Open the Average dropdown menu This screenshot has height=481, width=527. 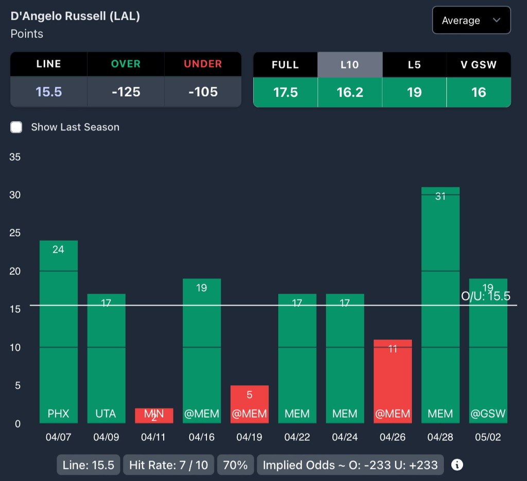pos(471,21)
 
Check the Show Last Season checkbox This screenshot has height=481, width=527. pos(16,127)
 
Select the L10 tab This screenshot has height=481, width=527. pos(350,64)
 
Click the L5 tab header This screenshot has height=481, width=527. pos(414,64)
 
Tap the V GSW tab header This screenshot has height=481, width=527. pos(479,64)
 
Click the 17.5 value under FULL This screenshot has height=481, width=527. pos(286,92)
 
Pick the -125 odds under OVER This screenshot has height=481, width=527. pos(126,92)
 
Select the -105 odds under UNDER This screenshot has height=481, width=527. pos(203,92)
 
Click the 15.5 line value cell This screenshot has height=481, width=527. pos(49,92)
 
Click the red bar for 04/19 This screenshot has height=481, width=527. pos(249,404)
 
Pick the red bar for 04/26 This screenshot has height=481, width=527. pos(393,381)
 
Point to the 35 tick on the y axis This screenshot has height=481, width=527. pos(15,157)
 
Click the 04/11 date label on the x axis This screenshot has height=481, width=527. pos(153,437)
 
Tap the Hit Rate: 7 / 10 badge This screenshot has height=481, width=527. pos(169,465)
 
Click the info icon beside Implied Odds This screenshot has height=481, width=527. pos(456,465)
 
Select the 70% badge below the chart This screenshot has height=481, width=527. pos(236,465)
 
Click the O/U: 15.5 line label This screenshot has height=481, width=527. pos(485,296)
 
